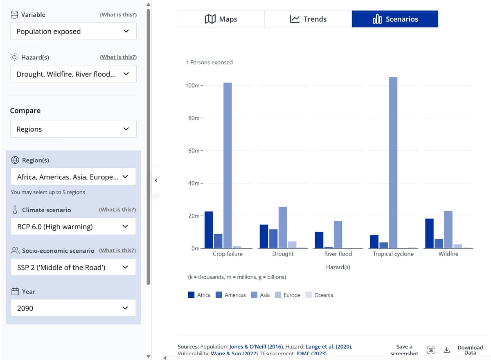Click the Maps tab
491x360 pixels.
point(221,19)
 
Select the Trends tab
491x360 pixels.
point(308,19)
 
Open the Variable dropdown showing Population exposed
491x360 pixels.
point(73,32)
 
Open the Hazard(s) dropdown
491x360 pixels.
point(73,74)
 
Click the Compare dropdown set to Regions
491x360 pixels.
point(73,129)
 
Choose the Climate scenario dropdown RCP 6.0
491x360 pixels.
point(73,226)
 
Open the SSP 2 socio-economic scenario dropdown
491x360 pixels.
point(73,267)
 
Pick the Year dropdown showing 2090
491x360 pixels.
point(73,308)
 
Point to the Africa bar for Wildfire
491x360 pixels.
point(429,233)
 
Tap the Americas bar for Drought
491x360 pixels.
point(273,239)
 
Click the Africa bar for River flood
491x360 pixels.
point(319,240)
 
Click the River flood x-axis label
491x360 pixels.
point(338,254)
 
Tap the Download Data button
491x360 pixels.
point(470,350)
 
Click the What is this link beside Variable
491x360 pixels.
point(118,15)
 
